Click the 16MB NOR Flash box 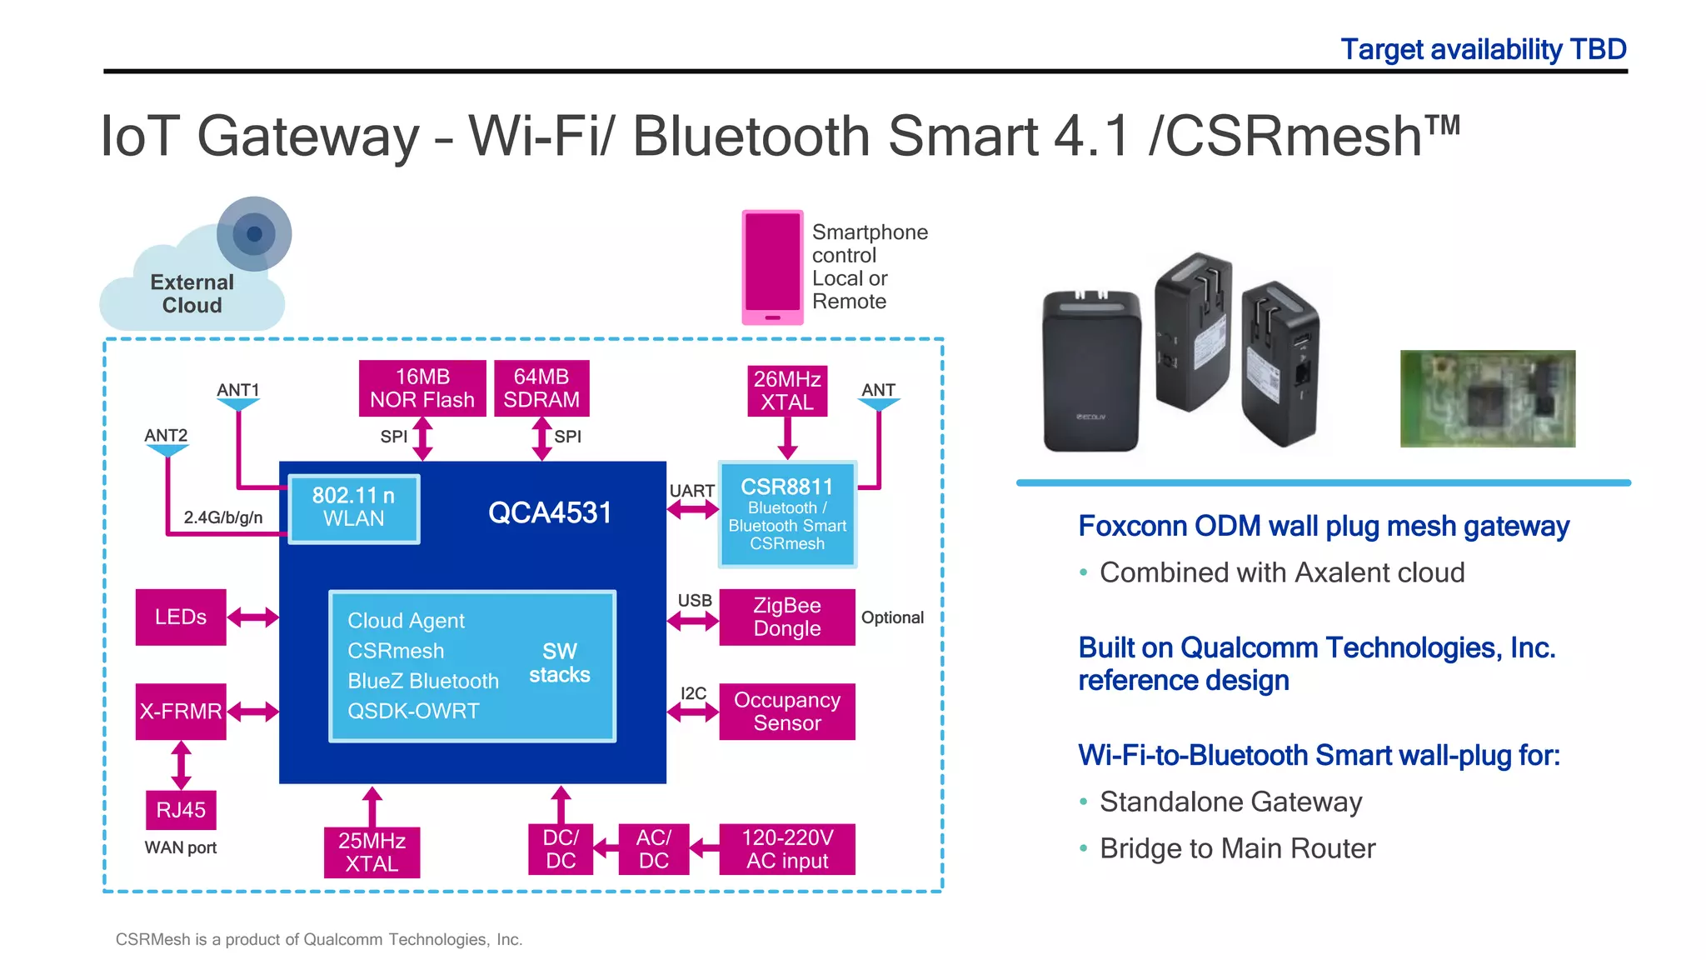[422, 388]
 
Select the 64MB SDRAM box [541, 388]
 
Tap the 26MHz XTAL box [787, 391]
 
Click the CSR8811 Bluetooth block [787, 514]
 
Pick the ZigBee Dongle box [787, 617]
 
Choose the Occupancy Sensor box [787, 712]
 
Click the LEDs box [181, 617]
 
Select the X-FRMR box [181, 712]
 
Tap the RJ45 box [181, 810]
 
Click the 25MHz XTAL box [372, 852]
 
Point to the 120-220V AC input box [787, 849]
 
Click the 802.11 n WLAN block [354, 507]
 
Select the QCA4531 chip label [550, 512]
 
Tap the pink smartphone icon [772, 267]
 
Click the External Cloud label [192, 294]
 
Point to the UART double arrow [692, 510]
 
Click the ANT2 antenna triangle [167, 451]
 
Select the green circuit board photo [1487, 398]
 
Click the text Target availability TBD [1483, 49]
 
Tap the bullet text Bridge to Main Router [1237, 848]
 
